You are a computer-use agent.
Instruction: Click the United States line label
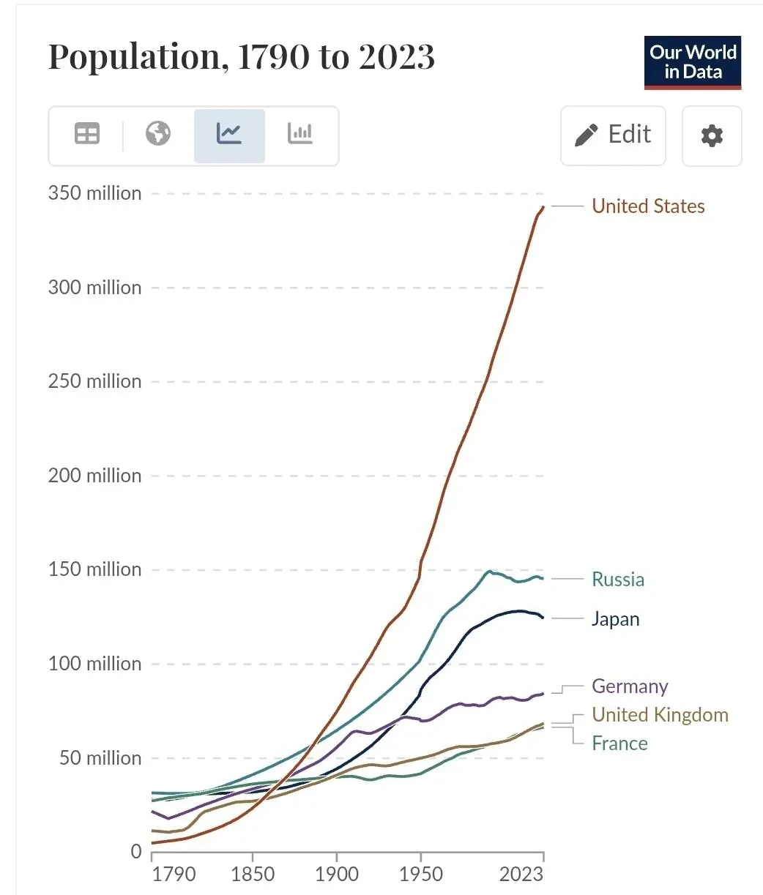coord(648,206)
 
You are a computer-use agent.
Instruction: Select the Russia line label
coord(618,580)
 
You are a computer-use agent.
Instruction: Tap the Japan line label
coord(615,619)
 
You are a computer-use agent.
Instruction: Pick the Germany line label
coord(630,686)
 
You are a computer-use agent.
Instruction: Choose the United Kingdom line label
coord(660,715)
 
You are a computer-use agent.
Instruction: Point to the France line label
coord(619,744)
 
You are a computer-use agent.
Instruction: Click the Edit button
coord(613,135)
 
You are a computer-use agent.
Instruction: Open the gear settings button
coord(712,135)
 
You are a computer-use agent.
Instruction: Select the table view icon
coord(87,133)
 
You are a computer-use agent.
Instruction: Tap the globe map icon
coord(158,133)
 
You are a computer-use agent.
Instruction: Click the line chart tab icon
coord(228,133)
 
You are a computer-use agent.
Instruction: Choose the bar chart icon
coord(299,133)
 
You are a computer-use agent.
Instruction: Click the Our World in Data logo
coord(693,63)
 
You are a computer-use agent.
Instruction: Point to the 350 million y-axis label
coord(95,193)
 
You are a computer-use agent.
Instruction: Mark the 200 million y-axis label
coord(95,476)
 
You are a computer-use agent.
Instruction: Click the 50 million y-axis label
coord(100,758)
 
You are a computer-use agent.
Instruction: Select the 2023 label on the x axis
coord(521,875)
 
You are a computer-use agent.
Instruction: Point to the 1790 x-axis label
coord(174,875)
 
